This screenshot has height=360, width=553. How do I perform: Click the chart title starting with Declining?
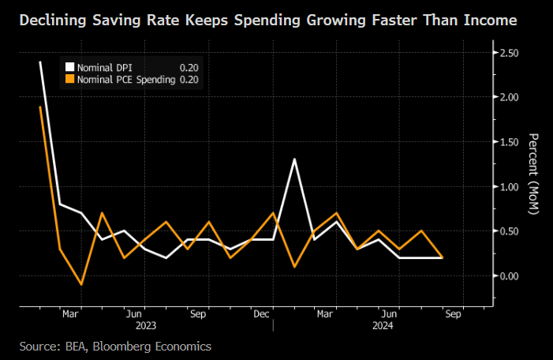coord(268,19)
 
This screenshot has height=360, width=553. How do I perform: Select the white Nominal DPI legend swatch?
coord(70,67)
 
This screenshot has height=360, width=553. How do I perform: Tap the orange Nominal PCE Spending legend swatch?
coord(70,80)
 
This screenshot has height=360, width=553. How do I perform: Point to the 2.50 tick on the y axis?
coord(508,53)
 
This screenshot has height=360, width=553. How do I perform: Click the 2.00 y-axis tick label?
coord(508,97)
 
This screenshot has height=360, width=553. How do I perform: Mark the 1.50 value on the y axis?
coord(508,142)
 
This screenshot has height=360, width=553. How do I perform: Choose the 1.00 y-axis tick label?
coord(508,186)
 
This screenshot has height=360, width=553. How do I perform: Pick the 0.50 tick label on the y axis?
coord(508,231)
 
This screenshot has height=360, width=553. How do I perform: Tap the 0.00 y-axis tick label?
coord(508,276)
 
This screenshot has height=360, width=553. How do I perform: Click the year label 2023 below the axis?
coord(145,324)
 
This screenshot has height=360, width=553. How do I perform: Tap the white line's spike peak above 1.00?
coord(294,159)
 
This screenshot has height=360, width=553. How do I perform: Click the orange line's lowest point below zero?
coord(81,284)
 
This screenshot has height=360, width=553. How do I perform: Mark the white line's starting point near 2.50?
coord(39,62)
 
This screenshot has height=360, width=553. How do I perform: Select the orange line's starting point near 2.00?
coord(39,107)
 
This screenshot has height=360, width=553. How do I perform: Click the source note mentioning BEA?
coord(116,346)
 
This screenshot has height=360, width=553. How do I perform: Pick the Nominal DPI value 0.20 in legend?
coord(189,68)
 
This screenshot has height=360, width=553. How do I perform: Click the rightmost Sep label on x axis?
coord(454,313)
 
